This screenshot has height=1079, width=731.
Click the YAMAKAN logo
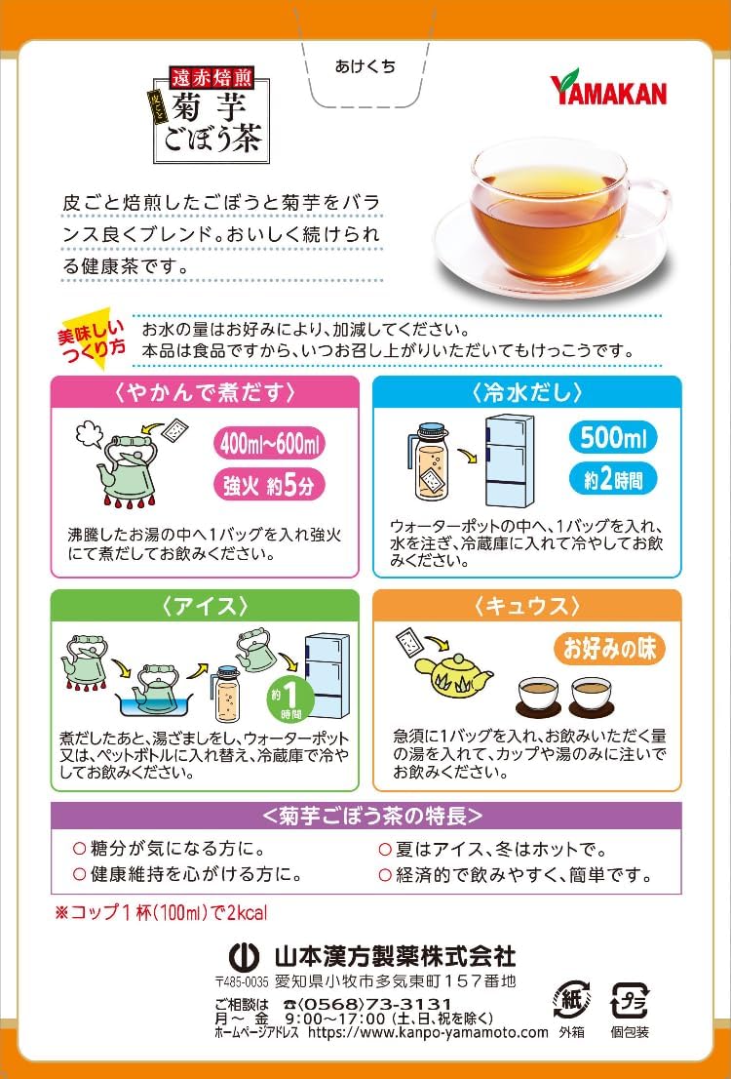[x=608, y=88]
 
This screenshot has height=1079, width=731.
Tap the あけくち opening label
[x=365, y=66]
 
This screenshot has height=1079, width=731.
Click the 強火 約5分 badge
[x=270, y=486]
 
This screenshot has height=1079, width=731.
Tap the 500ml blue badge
[x=613, y=438]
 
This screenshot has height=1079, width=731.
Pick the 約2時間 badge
[x=613, y=480]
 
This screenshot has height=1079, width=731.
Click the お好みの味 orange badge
[x=611, y=649]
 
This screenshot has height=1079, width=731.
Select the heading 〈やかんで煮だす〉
[x=205, y=392]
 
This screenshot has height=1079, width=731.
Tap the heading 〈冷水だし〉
[x=527, y=392]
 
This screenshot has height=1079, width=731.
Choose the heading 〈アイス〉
[x=205, y=606]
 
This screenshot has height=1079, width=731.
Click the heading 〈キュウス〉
[x=527, y=606]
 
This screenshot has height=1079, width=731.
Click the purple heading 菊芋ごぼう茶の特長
[x=365, y=816]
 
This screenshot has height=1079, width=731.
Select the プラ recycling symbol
[x=630, y=1002]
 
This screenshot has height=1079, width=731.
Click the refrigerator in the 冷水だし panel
[x=511, y=461]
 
